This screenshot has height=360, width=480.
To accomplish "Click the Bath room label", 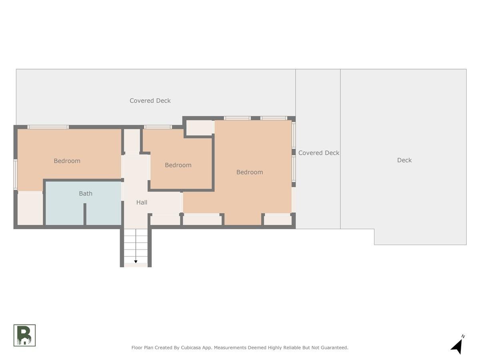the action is click(86, 194).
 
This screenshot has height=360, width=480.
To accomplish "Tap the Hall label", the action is click(142, 202).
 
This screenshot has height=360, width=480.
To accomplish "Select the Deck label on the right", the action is click(404, 160).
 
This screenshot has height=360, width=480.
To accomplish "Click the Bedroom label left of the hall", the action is click(67, 161).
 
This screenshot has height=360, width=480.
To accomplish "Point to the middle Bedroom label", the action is click(178, 165).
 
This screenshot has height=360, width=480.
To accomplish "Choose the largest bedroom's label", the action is click(250, 172).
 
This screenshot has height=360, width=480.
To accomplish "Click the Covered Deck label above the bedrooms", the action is click(150, 100).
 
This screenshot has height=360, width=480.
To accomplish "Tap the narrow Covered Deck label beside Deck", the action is click(319, 153).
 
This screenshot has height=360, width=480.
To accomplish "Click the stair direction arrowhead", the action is click(136, 262).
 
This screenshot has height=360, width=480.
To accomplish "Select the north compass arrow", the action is click(457, 347).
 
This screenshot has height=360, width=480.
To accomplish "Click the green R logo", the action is click(24, 335).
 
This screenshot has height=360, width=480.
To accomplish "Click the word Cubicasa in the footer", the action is click(191, 348).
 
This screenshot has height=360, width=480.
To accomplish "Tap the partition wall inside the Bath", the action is click(85, 214).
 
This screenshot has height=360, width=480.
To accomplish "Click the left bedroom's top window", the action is click(48, 127).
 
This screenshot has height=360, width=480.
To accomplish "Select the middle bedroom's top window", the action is click(158, 127).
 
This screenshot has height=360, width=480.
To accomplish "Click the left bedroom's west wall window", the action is click(16, 174).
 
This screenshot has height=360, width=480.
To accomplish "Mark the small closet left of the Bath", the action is click(30, 208).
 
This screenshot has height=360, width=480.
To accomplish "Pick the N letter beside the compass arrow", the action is click(463, 336).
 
